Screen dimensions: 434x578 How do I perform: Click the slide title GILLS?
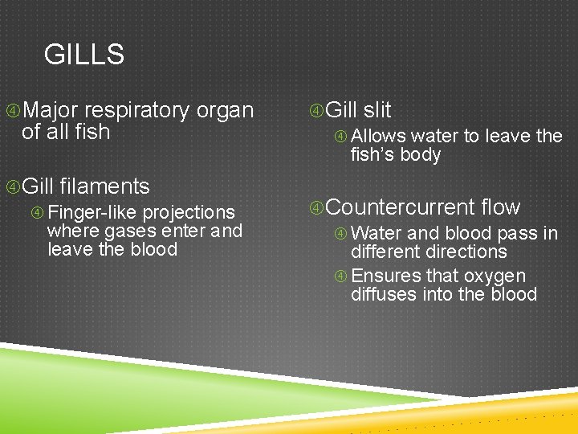84,55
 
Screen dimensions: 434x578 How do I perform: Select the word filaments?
104,186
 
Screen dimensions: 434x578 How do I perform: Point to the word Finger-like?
92,212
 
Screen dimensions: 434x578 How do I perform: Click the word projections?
189,212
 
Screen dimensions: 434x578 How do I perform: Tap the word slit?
377,110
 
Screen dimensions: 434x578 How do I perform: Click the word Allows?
378,136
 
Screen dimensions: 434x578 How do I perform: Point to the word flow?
500,207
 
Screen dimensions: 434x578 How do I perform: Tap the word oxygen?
495,276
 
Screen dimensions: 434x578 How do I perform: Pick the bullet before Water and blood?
341,233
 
